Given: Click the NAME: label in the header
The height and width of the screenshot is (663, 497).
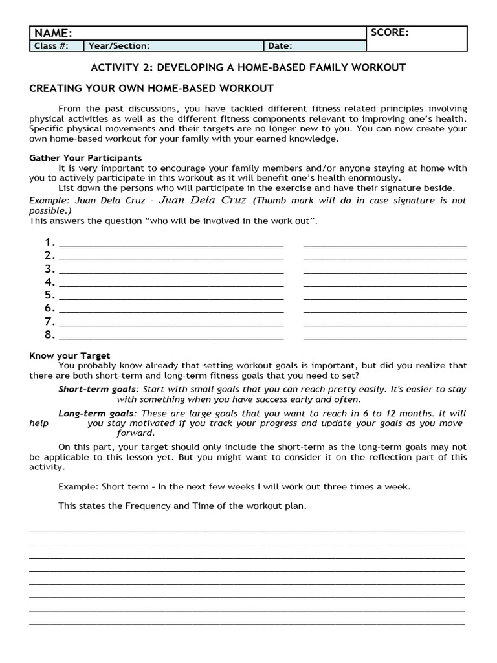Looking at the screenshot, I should coord(53,33).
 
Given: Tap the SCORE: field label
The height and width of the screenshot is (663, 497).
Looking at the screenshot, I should coord(390,32).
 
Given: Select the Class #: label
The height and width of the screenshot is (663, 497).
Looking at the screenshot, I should coord(50,46).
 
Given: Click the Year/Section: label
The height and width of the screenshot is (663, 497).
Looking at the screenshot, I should coord(119,46).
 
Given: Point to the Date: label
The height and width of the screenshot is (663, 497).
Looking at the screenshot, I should coord(280,46).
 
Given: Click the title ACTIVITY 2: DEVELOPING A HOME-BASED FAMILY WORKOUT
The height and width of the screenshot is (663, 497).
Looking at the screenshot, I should coord(248,67).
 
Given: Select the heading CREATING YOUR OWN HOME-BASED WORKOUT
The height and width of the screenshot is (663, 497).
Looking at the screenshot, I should coord(151,88).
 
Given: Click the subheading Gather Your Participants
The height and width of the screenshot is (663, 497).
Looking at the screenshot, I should coord(85,158).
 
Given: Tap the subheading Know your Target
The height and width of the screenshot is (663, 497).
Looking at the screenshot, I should coord(70,355).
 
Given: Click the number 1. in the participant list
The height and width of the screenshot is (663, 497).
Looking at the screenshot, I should coord(50,243).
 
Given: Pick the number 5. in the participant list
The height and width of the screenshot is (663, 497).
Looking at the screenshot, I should coord(50,295).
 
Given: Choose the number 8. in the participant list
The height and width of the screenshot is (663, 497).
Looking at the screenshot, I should coord(50,335).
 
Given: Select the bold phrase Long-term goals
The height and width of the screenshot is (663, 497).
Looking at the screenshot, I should coord(97,413).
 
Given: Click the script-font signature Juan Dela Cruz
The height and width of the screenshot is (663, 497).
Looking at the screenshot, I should coord(202,200).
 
